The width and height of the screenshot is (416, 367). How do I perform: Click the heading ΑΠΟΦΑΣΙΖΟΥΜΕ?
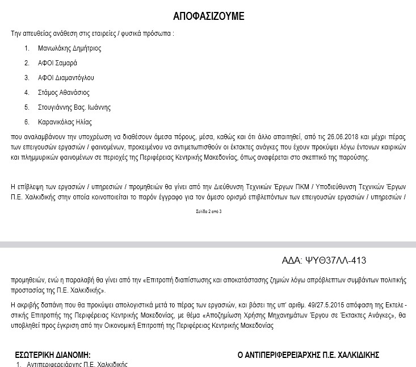208,16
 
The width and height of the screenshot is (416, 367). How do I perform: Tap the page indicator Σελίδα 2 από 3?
208,211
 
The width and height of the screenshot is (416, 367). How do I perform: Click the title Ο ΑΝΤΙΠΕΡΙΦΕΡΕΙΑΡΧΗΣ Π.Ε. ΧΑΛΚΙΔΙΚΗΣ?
309,355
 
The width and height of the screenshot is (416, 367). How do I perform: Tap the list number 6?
26,122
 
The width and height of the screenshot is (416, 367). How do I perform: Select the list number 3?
26,78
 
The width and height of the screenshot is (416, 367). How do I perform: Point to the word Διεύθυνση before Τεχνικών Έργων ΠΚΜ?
225,186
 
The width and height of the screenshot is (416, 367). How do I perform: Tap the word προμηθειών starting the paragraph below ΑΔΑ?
28,280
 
